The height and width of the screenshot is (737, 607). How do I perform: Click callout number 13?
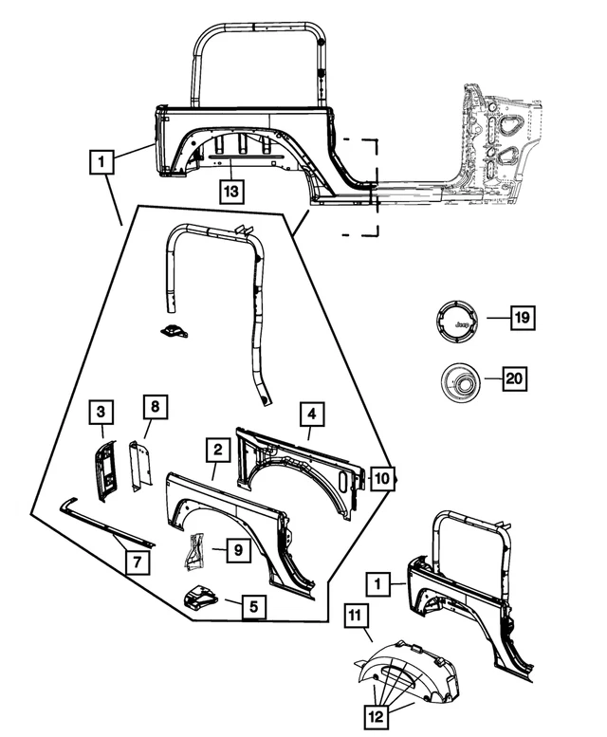(231, 190)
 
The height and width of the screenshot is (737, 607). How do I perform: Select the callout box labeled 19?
(520, 320)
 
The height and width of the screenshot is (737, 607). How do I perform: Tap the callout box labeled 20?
(513, 379)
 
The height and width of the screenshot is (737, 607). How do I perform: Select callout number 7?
(138, 562)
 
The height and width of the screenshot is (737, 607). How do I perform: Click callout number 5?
(252, 604)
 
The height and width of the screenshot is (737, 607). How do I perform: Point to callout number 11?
(357, 620)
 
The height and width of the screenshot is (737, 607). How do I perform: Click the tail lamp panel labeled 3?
(105, 468)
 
